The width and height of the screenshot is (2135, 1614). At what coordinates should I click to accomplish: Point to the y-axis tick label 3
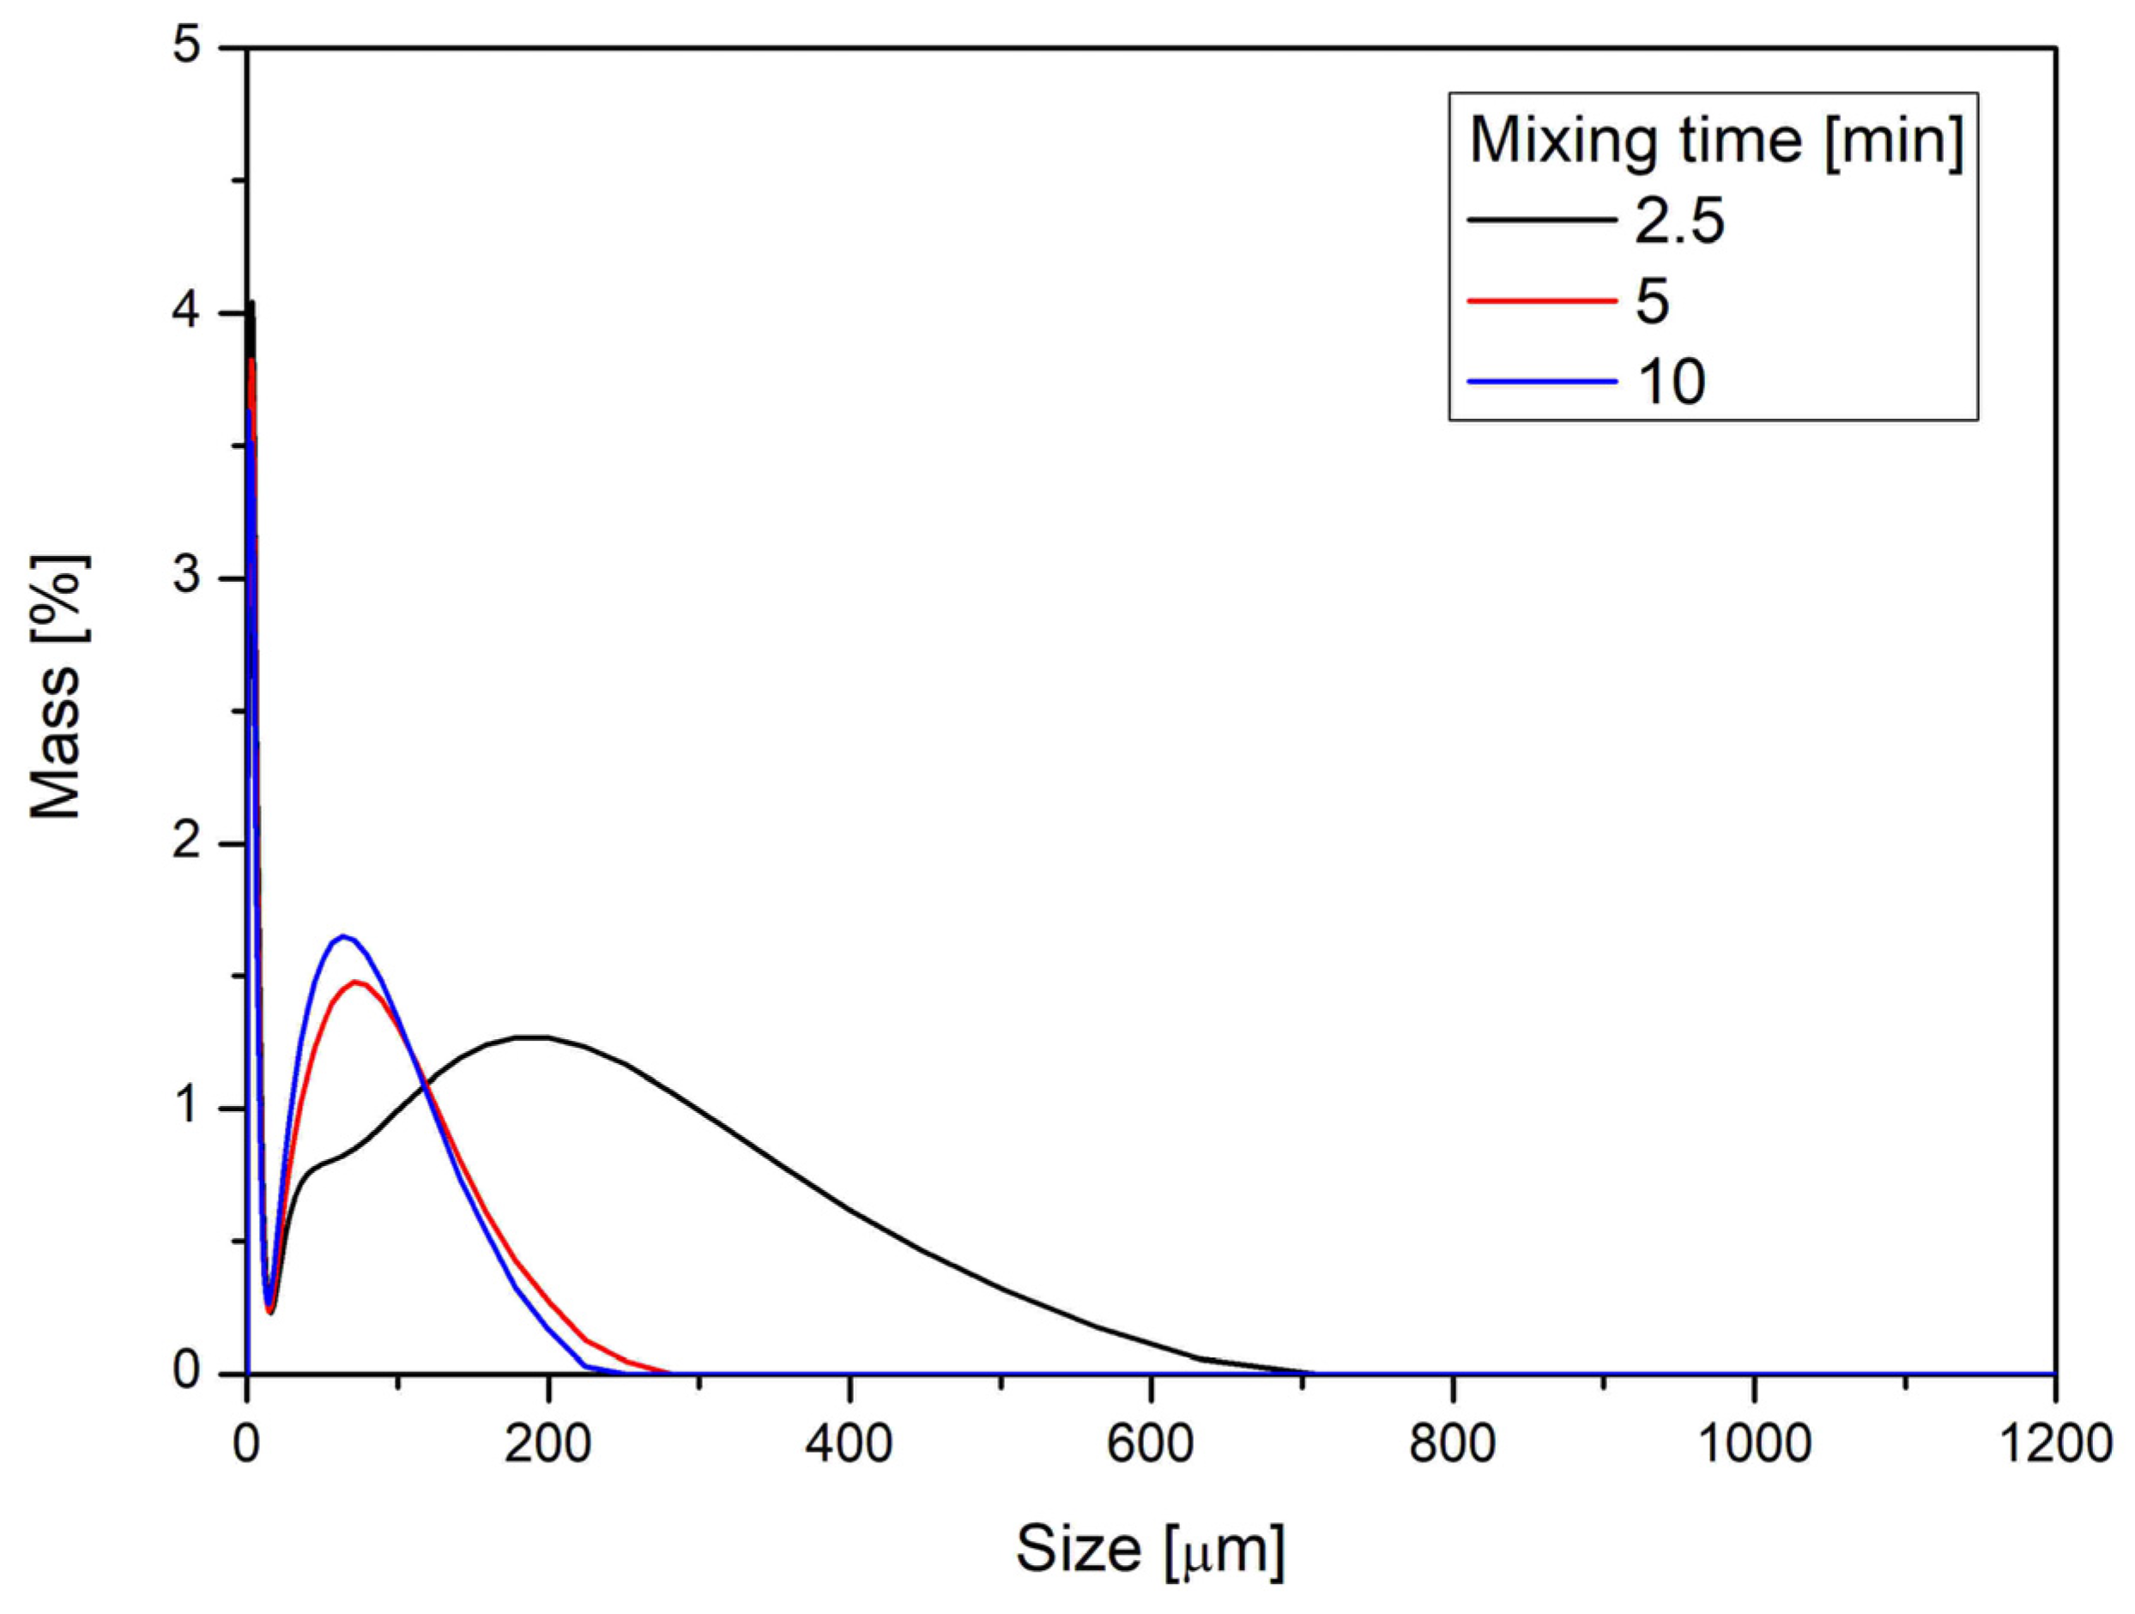[187, 577]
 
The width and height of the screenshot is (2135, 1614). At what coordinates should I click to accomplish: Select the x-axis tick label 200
[548, 1444]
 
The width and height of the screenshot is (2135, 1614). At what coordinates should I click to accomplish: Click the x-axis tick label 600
[1151, 1444]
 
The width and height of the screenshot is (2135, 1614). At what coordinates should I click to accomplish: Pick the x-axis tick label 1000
[1753, 1444]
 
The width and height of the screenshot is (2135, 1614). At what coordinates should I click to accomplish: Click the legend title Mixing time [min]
[1716, 141]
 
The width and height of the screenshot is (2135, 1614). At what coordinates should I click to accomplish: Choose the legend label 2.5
[1679, 221]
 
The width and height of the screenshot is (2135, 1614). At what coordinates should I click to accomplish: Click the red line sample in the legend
[1541, 301]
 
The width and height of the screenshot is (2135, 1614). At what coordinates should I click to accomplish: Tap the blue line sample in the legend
[1541, 381]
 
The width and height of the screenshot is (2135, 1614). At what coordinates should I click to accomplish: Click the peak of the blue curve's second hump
[342, 935]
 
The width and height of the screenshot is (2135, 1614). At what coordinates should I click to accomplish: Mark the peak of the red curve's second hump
[357, 982]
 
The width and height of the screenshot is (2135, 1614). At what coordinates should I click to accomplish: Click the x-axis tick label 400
[850, 1444]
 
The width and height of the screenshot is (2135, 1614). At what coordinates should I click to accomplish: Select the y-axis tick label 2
[187, 842]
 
